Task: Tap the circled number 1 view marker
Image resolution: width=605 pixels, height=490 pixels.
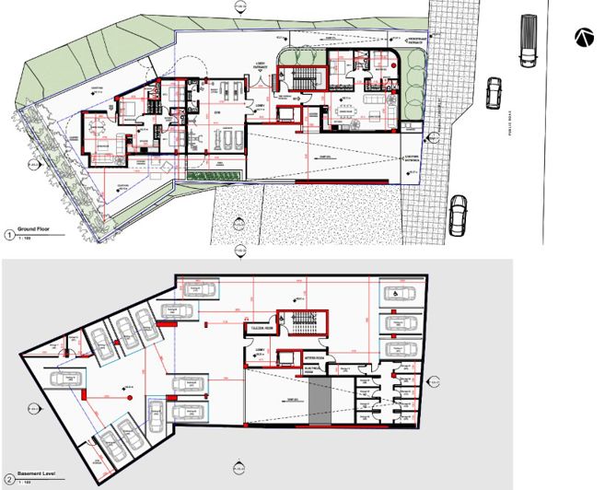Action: tap(9, 235)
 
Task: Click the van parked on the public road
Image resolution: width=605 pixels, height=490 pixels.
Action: tap(528, 41)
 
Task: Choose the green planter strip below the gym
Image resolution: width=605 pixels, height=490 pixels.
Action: tap(214, 174)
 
